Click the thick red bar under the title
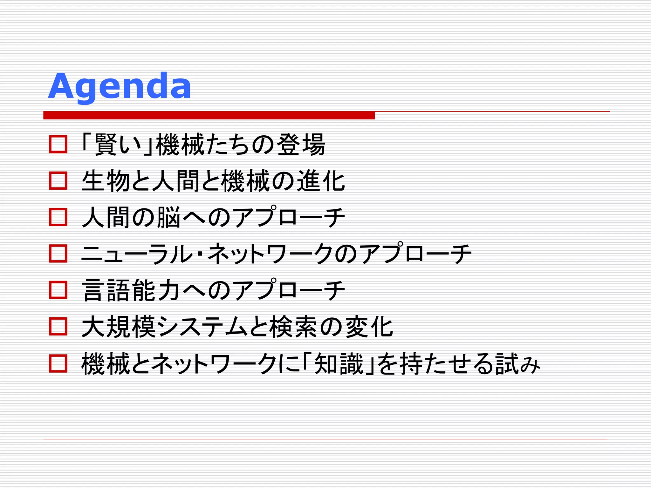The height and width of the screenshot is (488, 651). pos(209,115)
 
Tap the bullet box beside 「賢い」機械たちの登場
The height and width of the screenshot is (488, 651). pos(58,144)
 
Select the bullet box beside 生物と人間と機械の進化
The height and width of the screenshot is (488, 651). pos(58,180)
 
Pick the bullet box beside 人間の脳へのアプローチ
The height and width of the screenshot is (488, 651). pos(58,217)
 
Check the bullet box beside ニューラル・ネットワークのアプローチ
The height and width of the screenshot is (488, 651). pos(58,254)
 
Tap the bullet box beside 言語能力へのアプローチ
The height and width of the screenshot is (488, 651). pos(58,290)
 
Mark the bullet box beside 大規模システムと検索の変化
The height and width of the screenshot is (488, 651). pos(58,327)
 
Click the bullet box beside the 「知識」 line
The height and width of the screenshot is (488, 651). pos(58,363)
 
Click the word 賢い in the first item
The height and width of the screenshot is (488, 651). pos(117,145)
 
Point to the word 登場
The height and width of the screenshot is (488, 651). pos(301,145)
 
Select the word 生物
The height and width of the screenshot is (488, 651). pos(106,181)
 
